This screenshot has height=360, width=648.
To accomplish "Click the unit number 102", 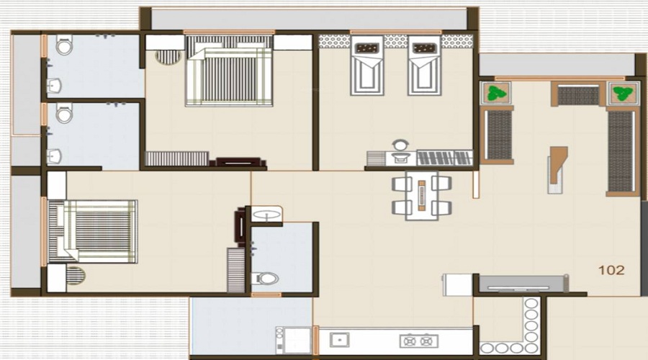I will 611,271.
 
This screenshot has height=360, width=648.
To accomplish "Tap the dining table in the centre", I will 422,195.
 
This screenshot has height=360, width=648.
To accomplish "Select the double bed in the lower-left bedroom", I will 92,230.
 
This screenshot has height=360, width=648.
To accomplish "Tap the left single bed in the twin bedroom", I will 367,66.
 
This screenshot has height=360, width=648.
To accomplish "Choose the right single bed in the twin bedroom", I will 424,66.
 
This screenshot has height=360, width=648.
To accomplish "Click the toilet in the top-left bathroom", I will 64,47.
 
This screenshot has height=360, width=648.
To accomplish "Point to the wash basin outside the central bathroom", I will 266,214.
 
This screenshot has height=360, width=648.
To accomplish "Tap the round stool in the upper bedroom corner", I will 168,56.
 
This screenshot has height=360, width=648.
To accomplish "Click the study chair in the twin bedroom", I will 400,145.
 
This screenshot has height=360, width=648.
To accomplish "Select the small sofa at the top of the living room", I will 578,95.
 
